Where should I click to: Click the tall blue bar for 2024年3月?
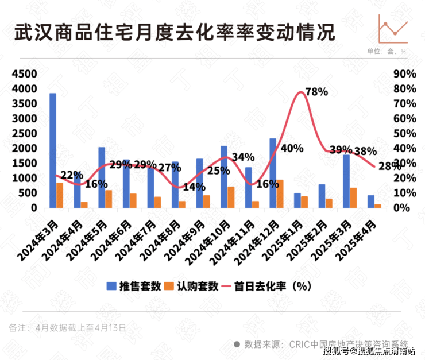pos(53,150)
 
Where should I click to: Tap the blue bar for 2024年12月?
pos(273,173)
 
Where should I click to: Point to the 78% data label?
pos(316,92)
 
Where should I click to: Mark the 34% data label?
pos(244,157)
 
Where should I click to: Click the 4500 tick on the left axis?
pos(24,75)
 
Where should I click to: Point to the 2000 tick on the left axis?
pos(24,149)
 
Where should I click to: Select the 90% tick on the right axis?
pos(404,75)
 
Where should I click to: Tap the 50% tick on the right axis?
pos(404,134)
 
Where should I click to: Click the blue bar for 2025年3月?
pos(346,181)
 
